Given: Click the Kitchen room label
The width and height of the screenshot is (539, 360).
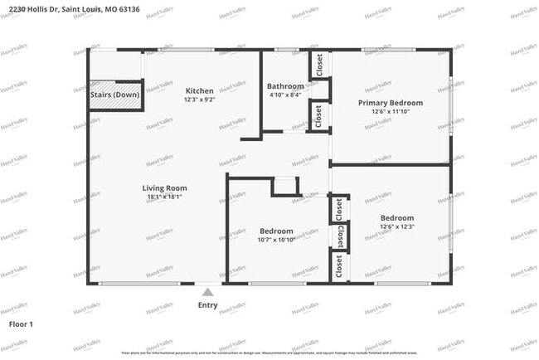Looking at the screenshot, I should click(x=199, y=90).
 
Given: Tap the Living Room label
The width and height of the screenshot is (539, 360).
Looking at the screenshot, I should click(x=164, y=188).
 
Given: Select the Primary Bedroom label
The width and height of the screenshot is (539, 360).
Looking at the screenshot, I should click(x=390, y=103).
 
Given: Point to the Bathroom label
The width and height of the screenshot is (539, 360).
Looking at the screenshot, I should click(x=285, y=86).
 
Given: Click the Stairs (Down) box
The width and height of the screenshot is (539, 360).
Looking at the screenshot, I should click(x=114, y=95).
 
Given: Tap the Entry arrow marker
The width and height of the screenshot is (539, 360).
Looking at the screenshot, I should click(x=207, y=291).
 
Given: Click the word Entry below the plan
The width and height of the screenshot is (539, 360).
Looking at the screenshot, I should click(x=207, y=304).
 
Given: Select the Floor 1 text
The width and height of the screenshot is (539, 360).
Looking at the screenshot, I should click(x=21, y=323).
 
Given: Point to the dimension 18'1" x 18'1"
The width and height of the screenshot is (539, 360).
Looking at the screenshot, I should click(x=164, y=197).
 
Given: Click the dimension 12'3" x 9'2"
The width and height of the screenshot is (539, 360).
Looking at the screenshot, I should click(x=199, y=100).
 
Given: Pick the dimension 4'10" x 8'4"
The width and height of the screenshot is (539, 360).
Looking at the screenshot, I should click(x=285, y=95).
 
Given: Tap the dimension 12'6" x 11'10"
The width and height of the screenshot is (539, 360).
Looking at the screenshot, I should click(x=390, y=112).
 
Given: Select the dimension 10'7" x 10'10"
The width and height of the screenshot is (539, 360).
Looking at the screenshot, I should click(x=276, y=240).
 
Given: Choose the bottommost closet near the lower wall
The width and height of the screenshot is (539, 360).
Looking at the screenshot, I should click(x=338, y=266).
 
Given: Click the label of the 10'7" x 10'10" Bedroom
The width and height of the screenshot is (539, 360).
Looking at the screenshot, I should click(x=276, y=231).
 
